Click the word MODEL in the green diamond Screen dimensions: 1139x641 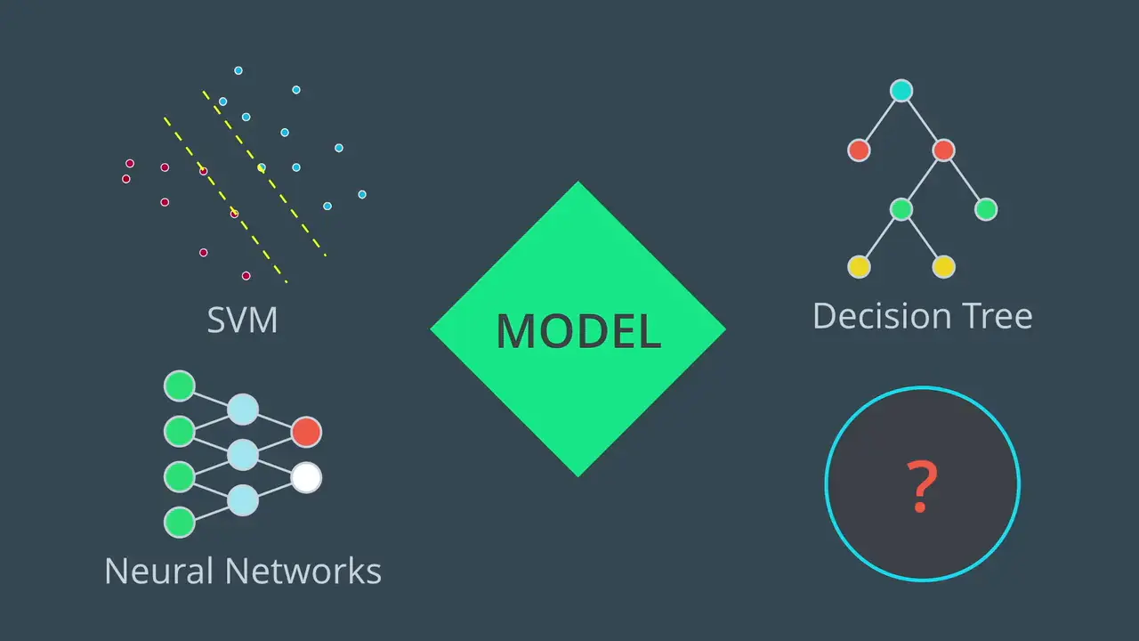(578, 330)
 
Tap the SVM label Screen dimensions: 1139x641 (242, 320)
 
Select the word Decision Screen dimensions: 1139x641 (881, 316)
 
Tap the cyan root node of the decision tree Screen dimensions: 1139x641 (901, 90)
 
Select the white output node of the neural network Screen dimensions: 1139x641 (306, 478)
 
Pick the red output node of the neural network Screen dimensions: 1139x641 (306, 432)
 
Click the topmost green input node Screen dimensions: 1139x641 (180, 386)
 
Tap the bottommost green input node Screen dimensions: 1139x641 (180, 523)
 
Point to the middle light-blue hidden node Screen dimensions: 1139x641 (242, 455)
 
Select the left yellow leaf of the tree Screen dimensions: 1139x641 (859, 266)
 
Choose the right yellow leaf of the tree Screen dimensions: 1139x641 (943, 266)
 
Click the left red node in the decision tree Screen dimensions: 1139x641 (859, 150)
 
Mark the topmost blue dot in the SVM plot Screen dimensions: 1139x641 (238, 70)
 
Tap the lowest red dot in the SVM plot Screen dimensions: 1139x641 (246, 276)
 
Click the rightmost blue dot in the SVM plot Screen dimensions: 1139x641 (362, 194)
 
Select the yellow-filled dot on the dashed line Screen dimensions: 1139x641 (261, 167)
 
